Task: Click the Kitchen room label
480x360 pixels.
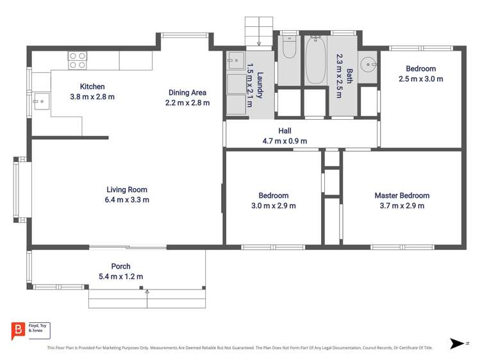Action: pyautogui.click(x=92, y=86)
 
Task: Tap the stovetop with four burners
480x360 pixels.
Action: pyautogui.click(x=78, y=60)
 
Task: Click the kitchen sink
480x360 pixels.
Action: pyautogui.click(x=41, y=101)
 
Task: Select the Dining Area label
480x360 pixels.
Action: pyautogui.click(x=187, y=92)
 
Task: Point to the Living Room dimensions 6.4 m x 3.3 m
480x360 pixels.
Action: pyautogui.click(x=127, y=200)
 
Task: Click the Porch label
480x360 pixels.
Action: pyautogui.click(x=120, y=266)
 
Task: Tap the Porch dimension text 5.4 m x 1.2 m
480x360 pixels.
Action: pyautogui.click(x=120, y=277)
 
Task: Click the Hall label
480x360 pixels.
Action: pyautogui.click(x=285, y=131)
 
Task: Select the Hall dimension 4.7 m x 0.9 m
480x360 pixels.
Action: pyautogui.click(x=285, y=141)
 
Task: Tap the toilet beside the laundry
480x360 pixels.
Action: pyautogui.click(x=289, y=48)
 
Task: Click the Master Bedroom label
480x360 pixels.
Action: pyautogui.click(x=402, y=195)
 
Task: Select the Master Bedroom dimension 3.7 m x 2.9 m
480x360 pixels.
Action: pyautogui.click(x=402, y=206)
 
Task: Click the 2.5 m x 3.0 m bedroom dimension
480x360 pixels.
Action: pyautogui.click(x=420, y=79)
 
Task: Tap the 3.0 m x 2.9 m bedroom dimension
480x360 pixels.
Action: pyautogui.click(x=273, y=206)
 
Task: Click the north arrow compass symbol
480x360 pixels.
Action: pyautogui.click(x=458, y=343)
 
